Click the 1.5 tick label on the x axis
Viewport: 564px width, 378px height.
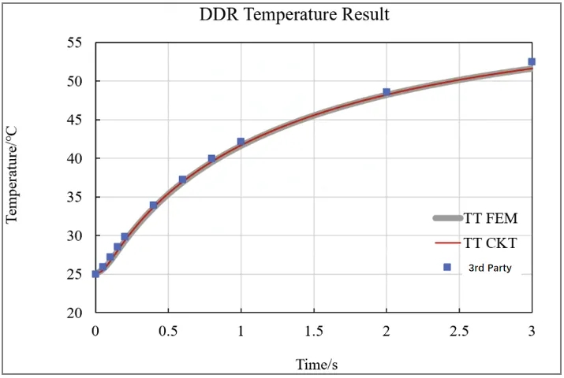point(313,331)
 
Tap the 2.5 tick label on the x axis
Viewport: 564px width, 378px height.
point(459,331)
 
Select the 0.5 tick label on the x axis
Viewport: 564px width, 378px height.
point(168,331)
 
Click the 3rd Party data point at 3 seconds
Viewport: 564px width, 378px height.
point(532,61)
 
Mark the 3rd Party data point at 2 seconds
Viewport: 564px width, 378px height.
point(387,92)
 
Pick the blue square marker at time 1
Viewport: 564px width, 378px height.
point(241,142)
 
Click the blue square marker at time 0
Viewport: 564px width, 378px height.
point(95,274)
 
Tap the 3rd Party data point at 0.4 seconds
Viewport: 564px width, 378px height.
point(154,206)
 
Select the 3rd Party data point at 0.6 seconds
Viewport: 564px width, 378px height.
point(183,180)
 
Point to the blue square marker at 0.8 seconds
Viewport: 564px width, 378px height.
point(211,158)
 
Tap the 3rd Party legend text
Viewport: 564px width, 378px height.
point(490,268)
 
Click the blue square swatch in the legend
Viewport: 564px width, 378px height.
point(447,268)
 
